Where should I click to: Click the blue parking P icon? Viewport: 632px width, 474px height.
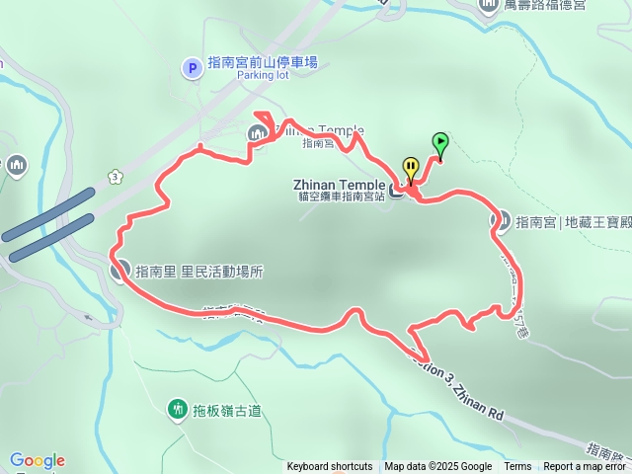(193, 67)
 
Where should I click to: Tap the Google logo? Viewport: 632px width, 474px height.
(38, 460)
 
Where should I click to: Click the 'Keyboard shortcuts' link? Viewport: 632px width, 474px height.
(330, 467)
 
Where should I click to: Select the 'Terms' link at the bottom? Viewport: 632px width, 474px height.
(517, 467)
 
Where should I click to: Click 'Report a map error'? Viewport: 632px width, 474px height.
(585, 467)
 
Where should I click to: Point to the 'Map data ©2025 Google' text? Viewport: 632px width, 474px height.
(438, 467)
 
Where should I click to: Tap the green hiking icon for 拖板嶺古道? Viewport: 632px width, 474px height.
(178, 409)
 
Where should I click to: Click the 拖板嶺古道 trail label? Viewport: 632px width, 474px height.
(227, 410)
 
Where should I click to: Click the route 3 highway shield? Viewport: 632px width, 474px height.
(116, 177)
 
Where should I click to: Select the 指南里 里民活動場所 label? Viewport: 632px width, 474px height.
(199, 271)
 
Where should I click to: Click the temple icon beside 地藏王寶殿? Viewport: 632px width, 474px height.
(501, 221)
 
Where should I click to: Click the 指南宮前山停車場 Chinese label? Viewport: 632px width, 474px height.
(262, 62)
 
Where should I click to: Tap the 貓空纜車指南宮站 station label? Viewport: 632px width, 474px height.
(340, 196)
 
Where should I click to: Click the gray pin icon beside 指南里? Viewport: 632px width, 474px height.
(119, 269)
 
